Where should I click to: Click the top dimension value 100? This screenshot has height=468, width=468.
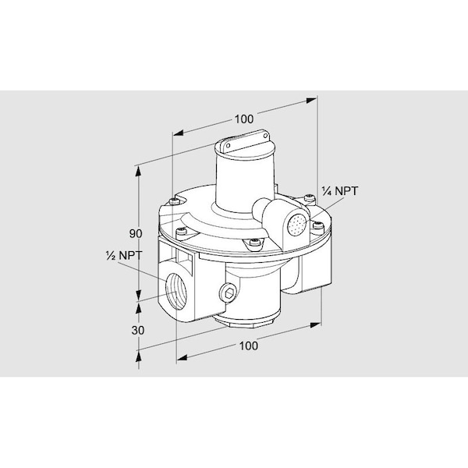click(x=244, y=119)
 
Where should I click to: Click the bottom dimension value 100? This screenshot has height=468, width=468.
click(x=248, y=346)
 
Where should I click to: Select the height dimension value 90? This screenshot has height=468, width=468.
click(x=136, y=234)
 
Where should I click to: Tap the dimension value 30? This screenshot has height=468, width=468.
click(x=138, y=331)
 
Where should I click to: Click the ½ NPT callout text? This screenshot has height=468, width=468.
click(x=124, y=256)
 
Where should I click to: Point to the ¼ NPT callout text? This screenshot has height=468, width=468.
click(x=339, y=191)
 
